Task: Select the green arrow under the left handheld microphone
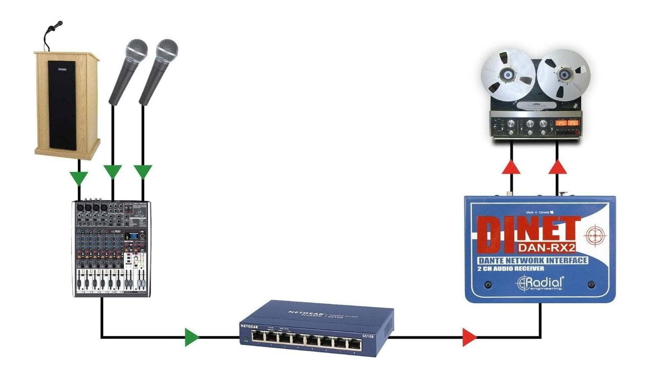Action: pos(112,171)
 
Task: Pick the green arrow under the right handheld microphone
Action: pos(143,171)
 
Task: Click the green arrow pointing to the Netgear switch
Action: pos(192,337)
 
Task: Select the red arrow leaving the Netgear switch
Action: pos(469,337)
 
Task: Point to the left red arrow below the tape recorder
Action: pos(511,167)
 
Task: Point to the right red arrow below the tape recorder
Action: pos(557,167)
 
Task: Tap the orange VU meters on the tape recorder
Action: pos(567,123)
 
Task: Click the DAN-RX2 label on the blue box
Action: pos(547,247)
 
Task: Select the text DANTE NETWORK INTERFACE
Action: pos(532,260)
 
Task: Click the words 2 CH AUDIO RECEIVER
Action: pos(511,269)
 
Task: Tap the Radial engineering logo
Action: pos(540,283)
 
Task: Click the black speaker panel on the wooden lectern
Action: pos(62,105)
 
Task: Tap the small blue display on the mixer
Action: pos(133,236)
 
